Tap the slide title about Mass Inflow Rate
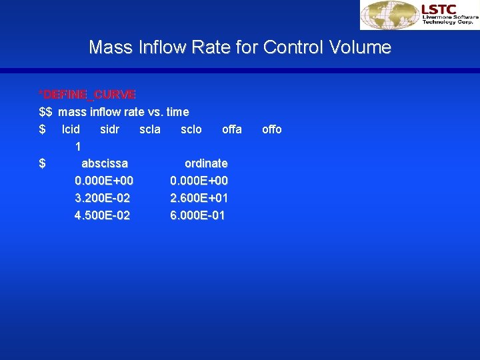[x=240, y=47]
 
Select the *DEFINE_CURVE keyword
[x=87, y=95]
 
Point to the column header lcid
[x=71, y=129]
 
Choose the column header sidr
[x=109, y=129]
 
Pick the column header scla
[x=150, y=129]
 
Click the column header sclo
[x=191, y=129]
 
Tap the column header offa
[x=232, y=129]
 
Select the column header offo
[x=272, y=129]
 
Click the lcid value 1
[x=79, y=146]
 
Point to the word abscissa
[x=105, y=163]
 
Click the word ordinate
[x=206, y=163]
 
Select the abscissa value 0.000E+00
[x=104, y=181]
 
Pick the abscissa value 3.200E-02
[x=103, y=198]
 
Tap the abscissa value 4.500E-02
[x=103, y=215]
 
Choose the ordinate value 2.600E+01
[x=199, y=198]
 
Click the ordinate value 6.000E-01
[x=198, y=215]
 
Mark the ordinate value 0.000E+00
[x=199, y=181]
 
